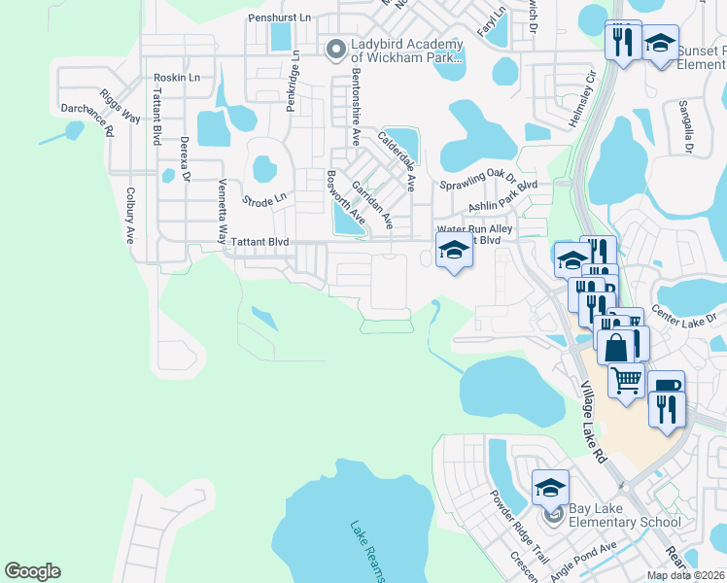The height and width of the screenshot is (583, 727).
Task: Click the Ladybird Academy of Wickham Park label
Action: (405, 49)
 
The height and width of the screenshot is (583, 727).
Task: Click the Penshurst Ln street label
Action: (279, 17)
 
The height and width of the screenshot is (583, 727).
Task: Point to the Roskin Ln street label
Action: (177, 77)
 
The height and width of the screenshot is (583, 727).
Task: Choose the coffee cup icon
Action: (667, 386)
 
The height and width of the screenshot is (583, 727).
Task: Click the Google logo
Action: (32, 571)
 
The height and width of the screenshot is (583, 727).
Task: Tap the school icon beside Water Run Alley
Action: (454, 251)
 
